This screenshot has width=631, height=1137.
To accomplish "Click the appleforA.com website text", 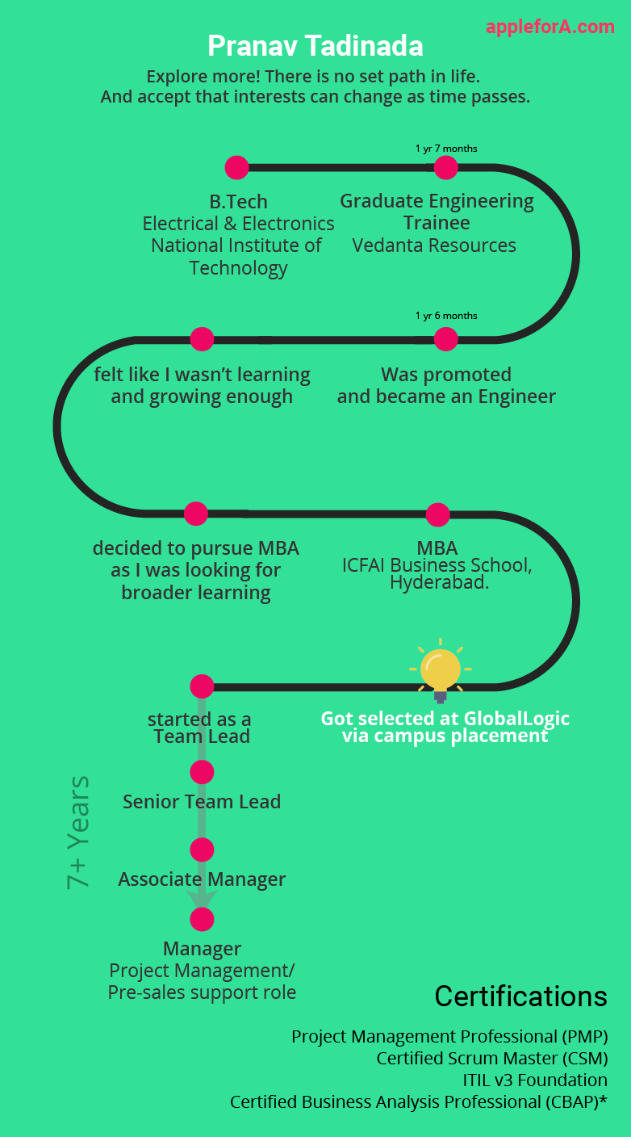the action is (550, 27).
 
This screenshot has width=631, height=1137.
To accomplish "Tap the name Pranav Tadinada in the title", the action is (315, 46).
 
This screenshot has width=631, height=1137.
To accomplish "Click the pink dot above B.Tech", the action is (237, 167).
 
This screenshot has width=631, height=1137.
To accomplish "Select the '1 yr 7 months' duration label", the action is (446, 149).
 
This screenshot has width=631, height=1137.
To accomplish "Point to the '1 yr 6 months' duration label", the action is (446, 316).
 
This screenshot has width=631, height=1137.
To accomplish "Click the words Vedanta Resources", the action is (434, 245).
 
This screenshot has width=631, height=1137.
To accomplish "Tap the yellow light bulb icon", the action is (441, 670).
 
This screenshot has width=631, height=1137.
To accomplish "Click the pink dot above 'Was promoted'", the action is (446, 339).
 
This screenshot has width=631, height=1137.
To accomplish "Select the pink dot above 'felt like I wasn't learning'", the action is (202, 339).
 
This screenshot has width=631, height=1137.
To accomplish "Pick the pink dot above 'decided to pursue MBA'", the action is (196, 514).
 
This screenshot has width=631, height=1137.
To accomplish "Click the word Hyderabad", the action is (439, 582).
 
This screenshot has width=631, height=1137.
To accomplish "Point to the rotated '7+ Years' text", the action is (78, 833).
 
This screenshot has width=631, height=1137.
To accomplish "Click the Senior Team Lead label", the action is (202, 802).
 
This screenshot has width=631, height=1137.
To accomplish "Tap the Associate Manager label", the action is (202, 879).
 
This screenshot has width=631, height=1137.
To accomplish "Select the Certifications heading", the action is (521, 996).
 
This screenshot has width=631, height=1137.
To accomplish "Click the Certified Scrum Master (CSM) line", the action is (492, 1059).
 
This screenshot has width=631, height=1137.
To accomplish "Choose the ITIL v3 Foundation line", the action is (535, 1080).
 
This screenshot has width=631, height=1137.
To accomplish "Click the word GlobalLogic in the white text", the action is (516, 719).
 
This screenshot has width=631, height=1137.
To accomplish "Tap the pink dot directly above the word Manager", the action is (202, 919).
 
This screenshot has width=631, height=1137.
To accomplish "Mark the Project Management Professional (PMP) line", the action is (449, 1037).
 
